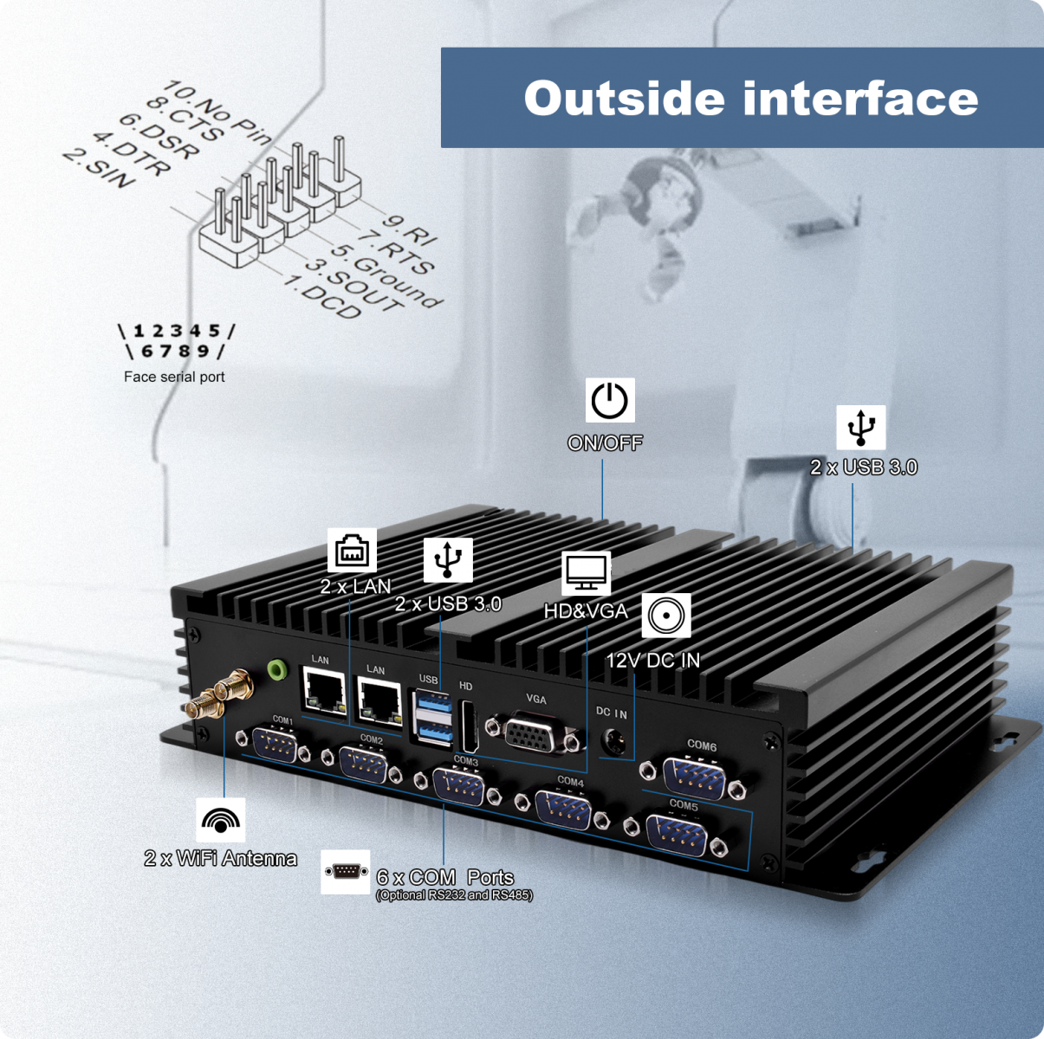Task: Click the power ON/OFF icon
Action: coord(609,401)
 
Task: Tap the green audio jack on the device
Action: coord(277,669)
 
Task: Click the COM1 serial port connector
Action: coord(276,745)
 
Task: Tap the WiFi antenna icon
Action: coord(221,820)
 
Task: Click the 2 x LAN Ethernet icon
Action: coord(352,550)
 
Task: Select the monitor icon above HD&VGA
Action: coord(587,572)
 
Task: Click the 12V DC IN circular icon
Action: coord(666,616)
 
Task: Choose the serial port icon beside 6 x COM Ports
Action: coord(345,871)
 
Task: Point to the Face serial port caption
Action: coord(174,377)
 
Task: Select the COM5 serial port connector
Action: coord(677,836)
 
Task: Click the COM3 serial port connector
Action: coord(458,787)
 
